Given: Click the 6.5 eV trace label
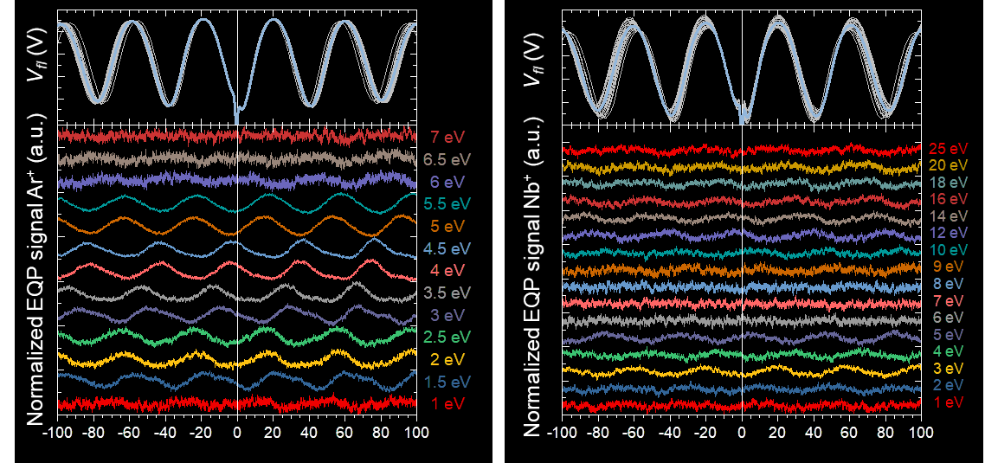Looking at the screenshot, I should tap(448, 159).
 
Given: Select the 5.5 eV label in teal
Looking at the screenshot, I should tap(447, 204).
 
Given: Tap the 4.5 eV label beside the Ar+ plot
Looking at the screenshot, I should tap(447, 249).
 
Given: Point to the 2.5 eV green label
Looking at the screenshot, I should tap(447, 336).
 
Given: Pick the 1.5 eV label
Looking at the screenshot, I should tap(447, 381).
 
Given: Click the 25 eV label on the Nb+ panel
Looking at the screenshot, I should tap(949, 149).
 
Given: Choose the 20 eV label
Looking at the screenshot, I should tap(949, 165).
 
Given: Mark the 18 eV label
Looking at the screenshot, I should tap(949, 183).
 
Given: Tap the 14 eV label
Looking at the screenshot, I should tap(949, 216).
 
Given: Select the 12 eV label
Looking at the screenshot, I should tap(949, 233).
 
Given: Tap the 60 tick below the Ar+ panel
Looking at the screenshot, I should tap(344, 432).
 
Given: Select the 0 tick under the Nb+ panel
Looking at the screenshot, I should tap(742, 432).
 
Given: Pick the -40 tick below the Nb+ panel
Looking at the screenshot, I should tap(670, 432).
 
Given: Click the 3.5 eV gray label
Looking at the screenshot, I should tap(447, 292).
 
